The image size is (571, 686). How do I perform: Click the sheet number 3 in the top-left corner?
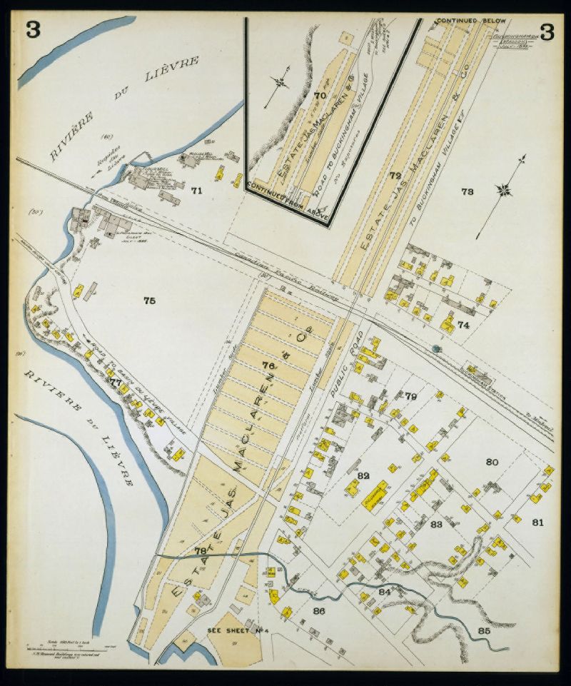point(33,31)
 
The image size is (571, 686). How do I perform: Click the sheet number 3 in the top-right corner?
point(547,31)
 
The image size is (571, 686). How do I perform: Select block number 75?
point(149,301)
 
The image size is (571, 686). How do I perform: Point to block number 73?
point(468,191)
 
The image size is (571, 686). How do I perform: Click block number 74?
point(464,325)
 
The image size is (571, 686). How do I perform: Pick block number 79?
point(410,395)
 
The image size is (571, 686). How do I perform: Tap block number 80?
point(492,462)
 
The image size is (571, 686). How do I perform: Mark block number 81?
point(537,522)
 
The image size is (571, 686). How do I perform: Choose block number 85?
point(484,630)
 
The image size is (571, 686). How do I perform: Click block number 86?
point(318,611)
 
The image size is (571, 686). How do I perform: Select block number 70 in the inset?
point(320,95)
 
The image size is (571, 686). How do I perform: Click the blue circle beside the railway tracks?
point(435,349)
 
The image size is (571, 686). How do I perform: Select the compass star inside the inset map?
point(281,83)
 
